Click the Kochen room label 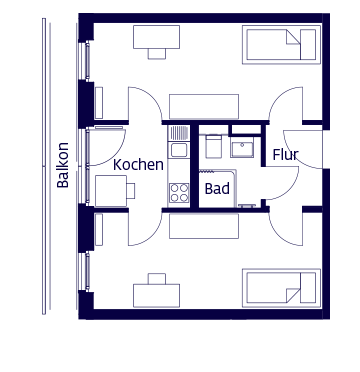click(138, 164)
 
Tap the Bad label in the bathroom click(216, 188)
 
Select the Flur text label click(285, 155)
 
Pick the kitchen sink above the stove click(179, 150)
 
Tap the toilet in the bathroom click(213, 147)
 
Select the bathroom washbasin click(242, 149)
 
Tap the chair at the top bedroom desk click(156, 54)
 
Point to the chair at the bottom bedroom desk click(156, 277)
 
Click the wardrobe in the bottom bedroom click(203, 227)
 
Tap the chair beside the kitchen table click(131, 190)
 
